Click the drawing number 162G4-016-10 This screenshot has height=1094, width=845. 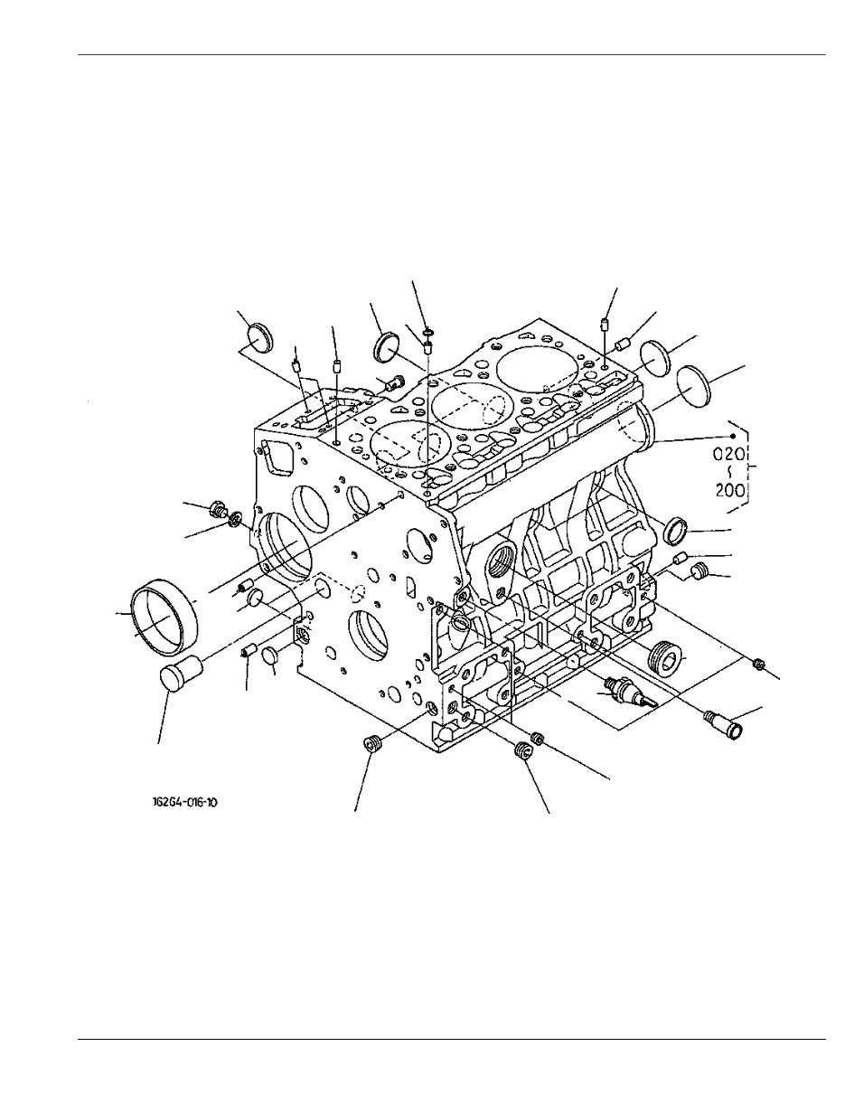click(x=185, y=801)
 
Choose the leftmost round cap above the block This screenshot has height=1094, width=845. click(x=260, y=339)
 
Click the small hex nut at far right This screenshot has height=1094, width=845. click(x=759, y=665)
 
